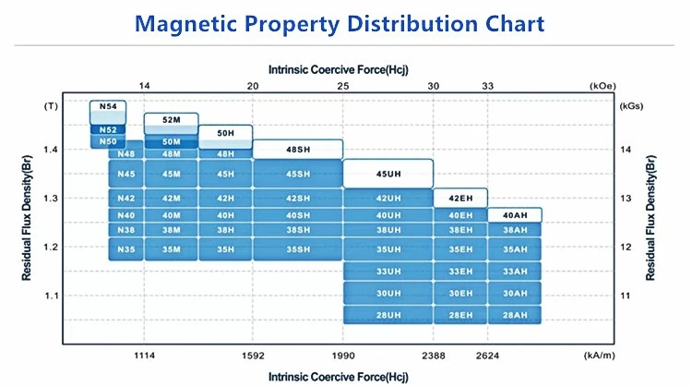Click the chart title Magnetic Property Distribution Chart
346,23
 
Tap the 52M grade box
172,120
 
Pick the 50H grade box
226,133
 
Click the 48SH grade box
297,149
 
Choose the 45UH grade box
388,174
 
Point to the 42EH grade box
460,199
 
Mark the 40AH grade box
515,215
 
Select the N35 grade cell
126,248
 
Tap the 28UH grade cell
388,316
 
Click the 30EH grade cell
460,293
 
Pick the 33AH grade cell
515,271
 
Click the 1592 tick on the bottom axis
253,355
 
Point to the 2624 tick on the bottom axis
488,355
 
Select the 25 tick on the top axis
343,86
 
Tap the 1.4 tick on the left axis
51,150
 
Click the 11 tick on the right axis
625,296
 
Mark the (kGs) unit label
632,106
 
